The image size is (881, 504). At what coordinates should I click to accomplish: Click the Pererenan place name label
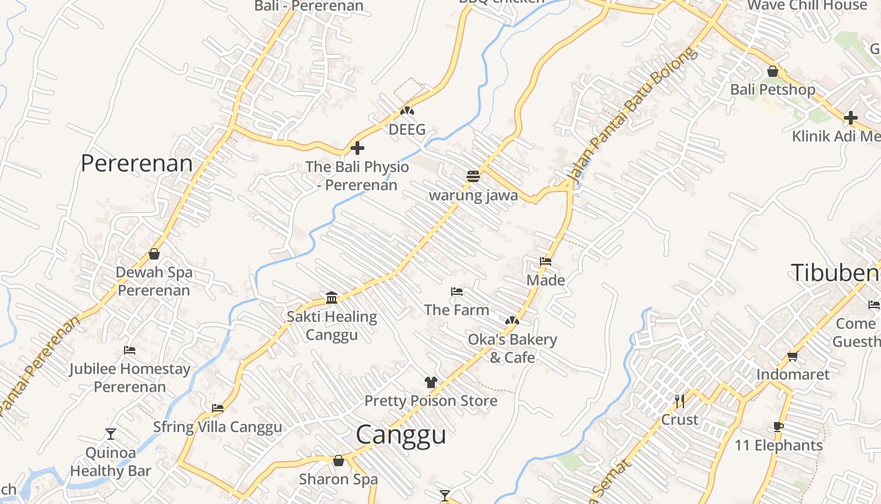137,163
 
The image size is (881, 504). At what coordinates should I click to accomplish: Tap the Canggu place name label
401,435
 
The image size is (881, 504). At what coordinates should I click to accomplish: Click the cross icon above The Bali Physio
357,149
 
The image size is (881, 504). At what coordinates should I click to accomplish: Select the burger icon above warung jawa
474,176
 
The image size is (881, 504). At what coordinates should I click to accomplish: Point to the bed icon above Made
546,261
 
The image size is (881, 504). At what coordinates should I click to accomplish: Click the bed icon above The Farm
457,292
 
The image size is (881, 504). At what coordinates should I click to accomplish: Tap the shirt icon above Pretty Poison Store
430,382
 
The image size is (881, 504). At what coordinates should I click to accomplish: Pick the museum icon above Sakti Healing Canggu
332,297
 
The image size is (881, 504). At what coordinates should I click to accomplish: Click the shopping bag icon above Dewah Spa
154,254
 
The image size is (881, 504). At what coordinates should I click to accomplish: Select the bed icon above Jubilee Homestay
130,350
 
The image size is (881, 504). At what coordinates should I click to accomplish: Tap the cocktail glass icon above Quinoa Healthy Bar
111,433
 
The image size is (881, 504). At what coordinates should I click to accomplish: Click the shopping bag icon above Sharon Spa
339,461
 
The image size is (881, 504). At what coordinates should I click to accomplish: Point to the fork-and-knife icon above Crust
680,401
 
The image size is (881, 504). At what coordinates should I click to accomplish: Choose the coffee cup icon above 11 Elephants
778,427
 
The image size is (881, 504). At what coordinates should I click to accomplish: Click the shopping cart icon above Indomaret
793,356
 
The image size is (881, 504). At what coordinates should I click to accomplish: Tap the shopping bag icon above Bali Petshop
773,71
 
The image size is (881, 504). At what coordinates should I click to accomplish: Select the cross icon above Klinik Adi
851,117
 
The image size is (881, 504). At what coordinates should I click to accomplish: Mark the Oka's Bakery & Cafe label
512,348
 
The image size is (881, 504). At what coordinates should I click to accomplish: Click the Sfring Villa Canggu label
218,427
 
